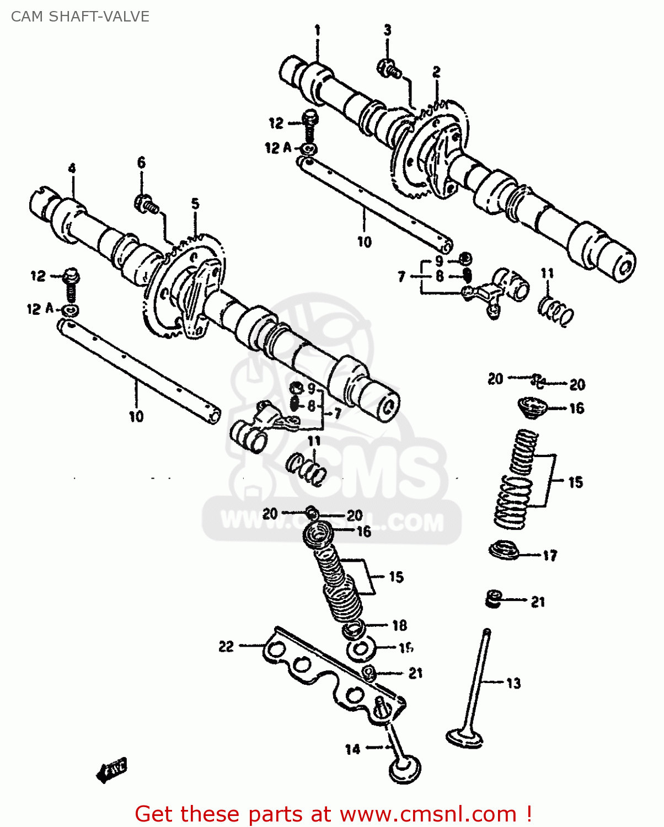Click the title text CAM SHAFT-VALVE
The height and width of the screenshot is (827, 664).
tap(80, 17)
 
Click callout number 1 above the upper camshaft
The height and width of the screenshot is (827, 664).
tap(318, 30)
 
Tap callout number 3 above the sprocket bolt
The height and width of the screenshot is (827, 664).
tap(388, 30)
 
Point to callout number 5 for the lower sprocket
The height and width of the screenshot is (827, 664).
tap(195, 204)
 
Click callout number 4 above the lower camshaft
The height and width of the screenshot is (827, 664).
tap(72, 169)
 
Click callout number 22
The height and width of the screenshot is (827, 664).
tap(226, 646)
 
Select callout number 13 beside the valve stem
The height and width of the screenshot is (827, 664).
tap(513, 684)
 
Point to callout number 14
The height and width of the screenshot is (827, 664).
tap(353, 749)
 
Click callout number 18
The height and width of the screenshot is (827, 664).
tap(399, 625)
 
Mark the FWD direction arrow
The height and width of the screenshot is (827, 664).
tap(111, 769)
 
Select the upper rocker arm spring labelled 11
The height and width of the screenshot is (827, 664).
tap(555, 311)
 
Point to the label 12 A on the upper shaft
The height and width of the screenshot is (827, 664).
tap(278, 148)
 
